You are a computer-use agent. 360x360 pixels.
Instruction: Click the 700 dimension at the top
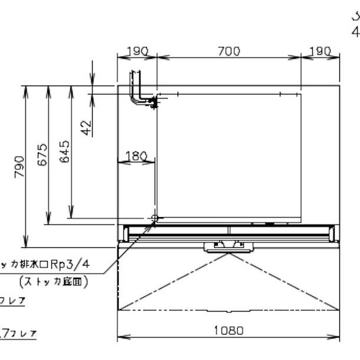(x=228, y=51)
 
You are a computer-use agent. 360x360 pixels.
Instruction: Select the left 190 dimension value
(x=136, y=51)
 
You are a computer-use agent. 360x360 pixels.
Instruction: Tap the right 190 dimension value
(x=320, y=51)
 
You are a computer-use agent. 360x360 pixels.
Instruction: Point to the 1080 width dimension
(x=228, y=330)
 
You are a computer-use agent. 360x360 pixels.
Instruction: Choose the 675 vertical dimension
(x=41, y=155)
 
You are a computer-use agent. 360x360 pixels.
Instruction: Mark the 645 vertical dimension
(x=64, y=152)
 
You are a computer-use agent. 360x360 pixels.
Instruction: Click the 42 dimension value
(x=86, y=127)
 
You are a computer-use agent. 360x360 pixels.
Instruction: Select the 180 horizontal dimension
(x=136, y=156)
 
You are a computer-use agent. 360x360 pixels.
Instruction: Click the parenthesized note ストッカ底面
(x=54, y=282)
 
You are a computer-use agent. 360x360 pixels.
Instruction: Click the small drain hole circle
(x=155, y=218)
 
